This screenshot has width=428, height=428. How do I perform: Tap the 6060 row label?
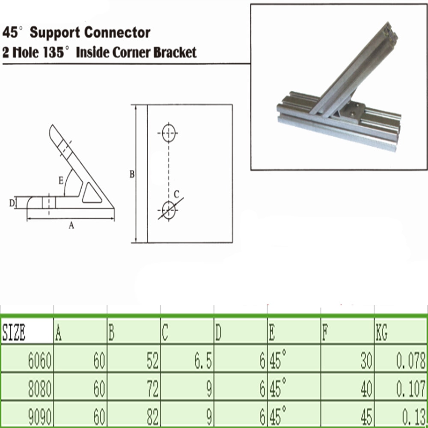pyautogui.click(x=40, y=363)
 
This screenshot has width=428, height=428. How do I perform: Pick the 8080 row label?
pyautogui.click(x=40, y=390)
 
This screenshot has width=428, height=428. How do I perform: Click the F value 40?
pyautogui.click(x=366, y=390)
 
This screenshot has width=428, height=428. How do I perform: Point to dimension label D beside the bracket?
pyautogui.click(x=12, y=202)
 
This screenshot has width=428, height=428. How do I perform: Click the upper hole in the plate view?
pyautogui.click(x=169, y=134)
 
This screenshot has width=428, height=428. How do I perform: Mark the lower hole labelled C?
pyautogui.click(x=169, y=210)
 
